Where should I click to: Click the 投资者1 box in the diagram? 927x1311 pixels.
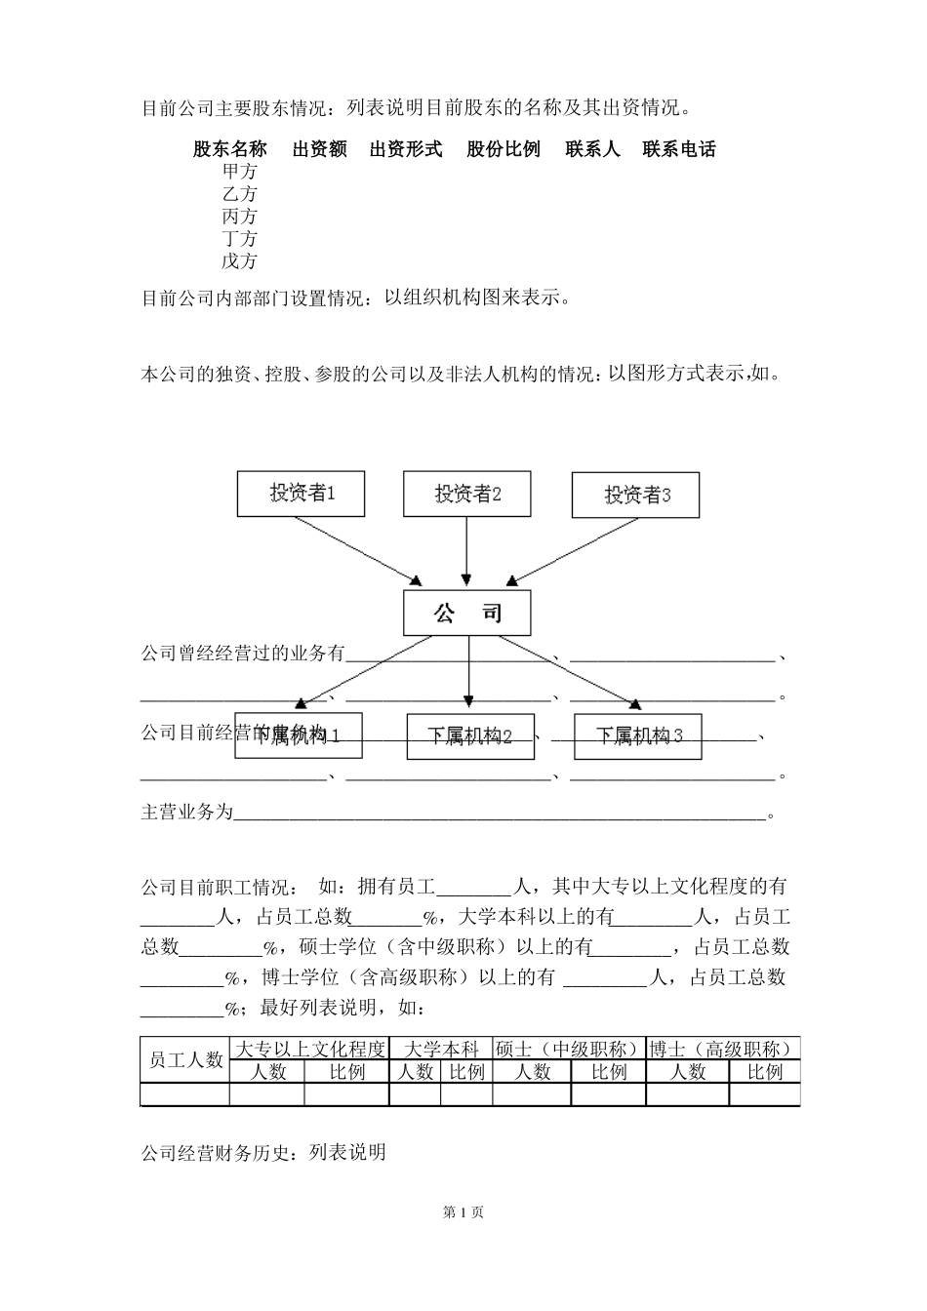[301, 494]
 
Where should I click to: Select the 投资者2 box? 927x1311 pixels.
[467, 494]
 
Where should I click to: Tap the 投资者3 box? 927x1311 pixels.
[636, 495]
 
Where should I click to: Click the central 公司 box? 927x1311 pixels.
[467, 614]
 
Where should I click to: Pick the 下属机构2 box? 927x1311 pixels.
[469, 735]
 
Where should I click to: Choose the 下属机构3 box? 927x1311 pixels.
[637, 735]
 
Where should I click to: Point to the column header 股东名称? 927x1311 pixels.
[230, 149]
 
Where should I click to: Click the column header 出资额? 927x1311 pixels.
[320, 149]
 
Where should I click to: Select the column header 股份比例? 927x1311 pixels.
[504, 149]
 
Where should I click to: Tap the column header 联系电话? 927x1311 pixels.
[679, 149]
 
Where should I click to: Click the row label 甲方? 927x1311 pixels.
[240, 172]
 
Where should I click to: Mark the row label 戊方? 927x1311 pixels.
[240, 261]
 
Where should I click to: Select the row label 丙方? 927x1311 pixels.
[240, 217]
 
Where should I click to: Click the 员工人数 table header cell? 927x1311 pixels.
[185, 1060]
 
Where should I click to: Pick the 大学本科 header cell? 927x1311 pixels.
[441, 1049]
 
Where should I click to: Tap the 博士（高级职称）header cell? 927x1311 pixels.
[722, 1049]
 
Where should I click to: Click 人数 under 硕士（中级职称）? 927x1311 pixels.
[532, 1072]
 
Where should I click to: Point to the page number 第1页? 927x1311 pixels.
[463, 1212]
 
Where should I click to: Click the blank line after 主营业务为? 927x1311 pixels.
[500, 813]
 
